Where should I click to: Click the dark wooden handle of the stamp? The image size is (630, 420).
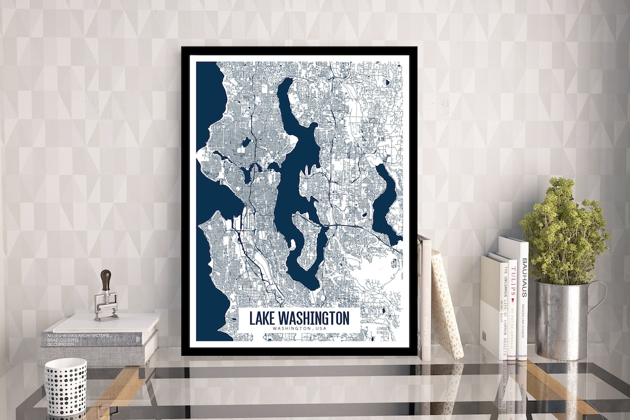(x=106, y=280)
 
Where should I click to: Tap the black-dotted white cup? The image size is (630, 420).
(x=65, y=387)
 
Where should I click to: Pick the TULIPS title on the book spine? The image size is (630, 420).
(x=513, y=282)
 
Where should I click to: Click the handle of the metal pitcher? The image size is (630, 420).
(x=598, y=297)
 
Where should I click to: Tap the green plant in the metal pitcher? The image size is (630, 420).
(x=563, y=233)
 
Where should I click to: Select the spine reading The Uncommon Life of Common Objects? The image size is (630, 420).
(x=503, y=309)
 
